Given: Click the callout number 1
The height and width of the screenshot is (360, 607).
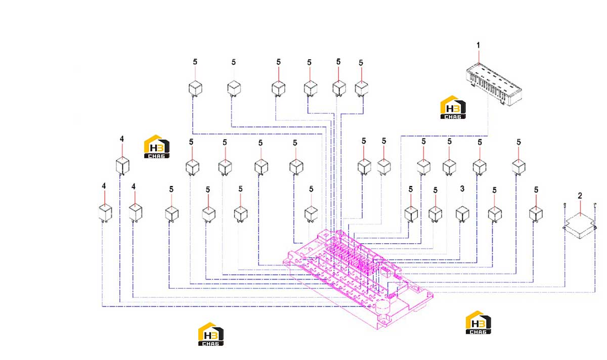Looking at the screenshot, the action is click(479, 45).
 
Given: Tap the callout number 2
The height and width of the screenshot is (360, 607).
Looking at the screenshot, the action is click(580, 196).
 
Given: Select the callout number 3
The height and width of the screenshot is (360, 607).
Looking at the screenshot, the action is click(462, 189).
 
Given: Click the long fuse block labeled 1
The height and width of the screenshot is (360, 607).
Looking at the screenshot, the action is click(494, 84).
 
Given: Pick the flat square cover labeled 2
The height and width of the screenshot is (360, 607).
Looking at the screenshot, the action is click(580, 226).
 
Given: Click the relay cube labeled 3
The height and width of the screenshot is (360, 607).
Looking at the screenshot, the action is click(462, 214).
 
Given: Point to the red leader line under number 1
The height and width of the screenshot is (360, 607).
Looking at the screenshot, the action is click(479, 57).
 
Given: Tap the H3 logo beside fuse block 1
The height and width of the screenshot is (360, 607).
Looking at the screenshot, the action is click(453, 107).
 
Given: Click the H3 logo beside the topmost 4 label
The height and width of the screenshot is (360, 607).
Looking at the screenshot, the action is click(157, 147).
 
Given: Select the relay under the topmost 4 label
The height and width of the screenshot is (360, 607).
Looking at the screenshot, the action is click(122, 166).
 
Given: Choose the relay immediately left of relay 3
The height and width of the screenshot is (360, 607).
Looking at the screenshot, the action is click(435, 214).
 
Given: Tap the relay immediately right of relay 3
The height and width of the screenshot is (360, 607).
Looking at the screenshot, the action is click(495, 214).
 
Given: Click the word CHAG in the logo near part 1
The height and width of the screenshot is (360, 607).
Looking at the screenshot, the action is click(453, 117).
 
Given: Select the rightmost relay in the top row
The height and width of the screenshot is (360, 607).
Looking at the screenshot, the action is click(362, 88).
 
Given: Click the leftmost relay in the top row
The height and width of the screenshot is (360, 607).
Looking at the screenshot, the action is click(195, 88).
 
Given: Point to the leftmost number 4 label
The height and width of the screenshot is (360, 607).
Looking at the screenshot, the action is click(104, 186).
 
